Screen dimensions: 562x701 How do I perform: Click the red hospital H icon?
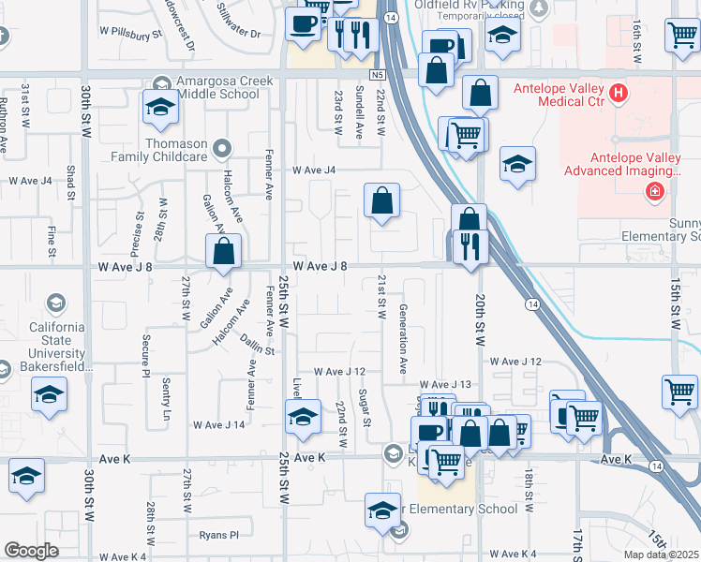coord(618,93)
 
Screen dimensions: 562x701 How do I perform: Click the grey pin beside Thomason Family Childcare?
coord(221,146)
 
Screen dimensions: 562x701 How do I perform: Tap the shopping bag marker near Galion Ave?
coord(223,251)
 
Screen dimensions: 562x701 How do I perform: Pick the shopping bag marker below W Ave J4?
coord(381,200)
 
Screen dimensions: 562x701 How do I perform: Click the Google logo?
coord(31,550)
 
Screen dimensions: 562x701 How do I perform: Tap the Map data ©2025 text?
coord(661,555)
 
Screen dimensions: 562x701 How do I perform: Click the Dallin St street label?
coord(255,344)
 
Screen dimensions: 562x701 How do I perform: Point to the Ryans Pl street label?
coord(219,535)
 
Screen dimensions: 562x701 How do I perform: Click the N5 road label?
coord(378,74)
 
